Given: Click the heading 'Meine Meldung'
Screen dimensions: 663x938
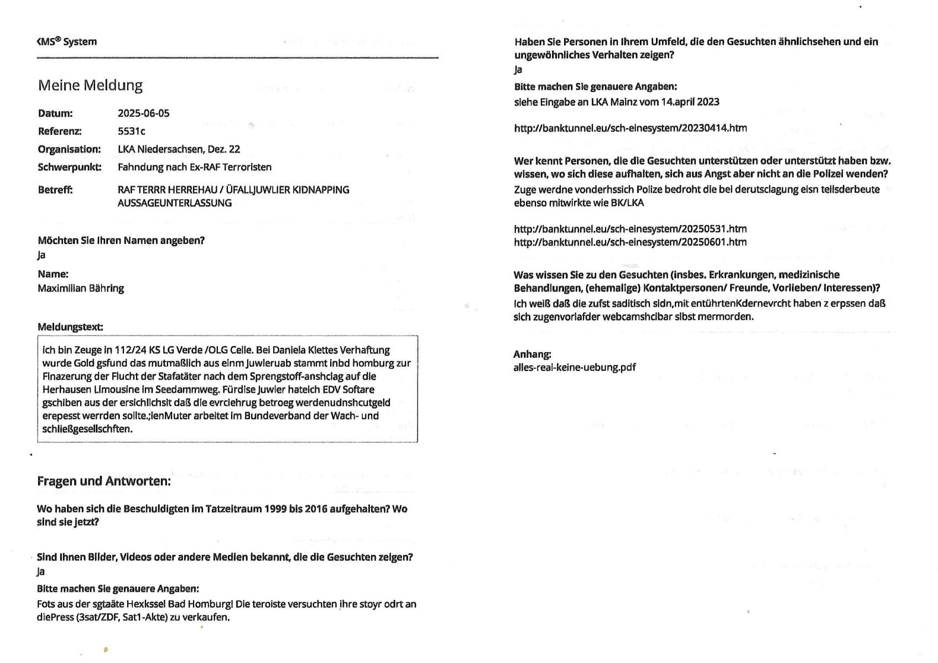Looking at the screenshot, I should coord(90,85).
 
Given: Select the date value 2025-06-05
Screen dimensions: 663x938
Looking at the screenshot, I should coord(143,113).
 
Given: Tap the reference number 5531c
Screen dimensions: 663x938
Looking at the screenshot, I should coord(132,131).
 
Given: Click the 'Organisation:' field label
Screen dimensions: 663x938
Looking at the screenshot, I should coord(69,149).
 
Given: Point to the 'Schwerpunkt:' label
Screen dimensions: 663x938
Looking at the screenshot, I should coord(69,167).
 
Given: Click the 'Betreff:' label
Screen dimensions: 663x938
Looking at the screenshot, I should coord(55,190).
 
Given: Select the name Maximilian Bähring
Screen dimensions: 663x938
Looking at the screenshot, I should coord(81,288).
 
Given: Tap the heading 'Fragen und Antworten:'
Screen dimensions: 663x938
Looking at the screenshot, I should coord(104,481).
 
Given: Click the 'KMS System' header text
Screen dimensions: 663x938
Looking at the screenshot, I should coord(66,41).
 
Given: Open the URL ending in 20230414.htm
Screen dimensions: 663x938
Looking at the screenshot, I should coord(630,128).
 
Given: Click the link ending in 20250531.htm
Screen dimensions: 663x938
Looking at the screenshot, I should coord(630,229).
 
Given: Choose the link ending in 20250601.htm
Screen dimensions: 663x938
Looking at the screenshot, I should coord(630,242).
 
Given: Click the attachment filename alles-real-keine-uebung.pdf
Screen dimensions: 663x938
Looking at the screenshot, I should coord(575,367).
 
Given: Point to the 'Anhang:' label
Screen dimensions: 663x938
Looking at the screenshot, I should coord(532,354).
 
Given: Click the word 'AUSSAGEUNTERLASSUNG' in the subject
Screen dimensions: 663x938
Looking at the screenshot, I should coord(174,203).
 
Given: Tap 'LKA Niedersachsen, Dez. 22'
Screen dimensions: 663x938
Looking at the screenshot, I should coord(179,149).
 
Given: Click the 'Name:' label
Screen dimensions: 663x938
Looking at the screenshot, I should coord(53,274).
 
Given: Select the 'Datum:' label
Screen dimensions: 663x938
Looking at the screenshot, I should coord(55,113).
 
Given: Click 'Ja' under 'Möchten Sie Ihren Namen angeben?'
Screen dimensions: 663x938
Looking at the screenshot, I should coord(41,255).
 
